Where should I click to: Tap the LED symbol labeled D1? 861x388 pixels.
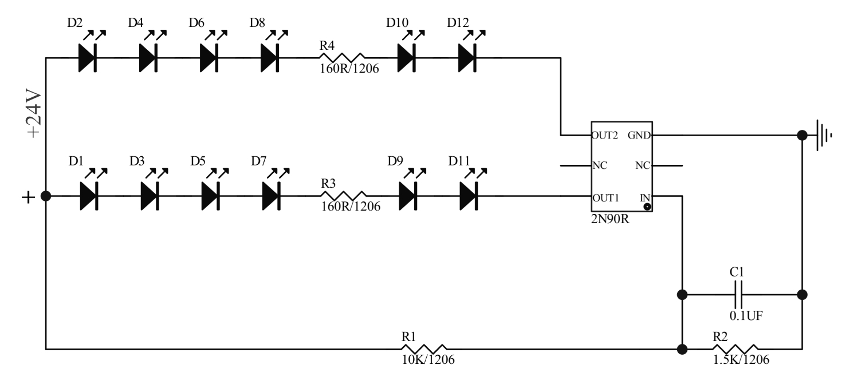[x=89, y=196]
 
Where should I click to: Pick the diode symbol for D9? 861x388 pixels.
[x=408, y=196]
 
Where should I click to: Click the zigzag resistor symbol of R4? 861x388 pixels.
[x=342, y=58]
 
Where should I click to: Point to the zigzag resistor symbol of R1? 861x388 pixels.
[x=424, y=349]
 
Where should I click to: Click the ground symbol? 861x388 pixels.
[x=823, y=136]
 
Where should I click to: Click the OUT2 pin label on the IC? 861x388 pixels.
[x=604, y=136]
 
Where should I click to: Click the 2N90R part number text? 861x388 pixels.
[x=611, y=220]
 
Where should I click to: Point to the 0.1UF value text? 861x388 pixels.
[x=745, y=315]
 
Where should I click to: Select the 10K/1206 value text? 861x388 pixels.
[x=428, y=360]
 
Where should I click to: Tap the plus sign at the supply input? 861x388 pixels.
[x=27, y=197]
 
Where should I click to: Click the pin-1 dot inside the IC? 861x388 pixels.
[x=647, y=207]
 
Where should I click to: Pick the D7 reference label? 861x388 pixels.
[x=258, y=161]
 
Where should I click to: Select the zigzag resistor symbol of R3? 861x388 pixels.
[x=343, y=196]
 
